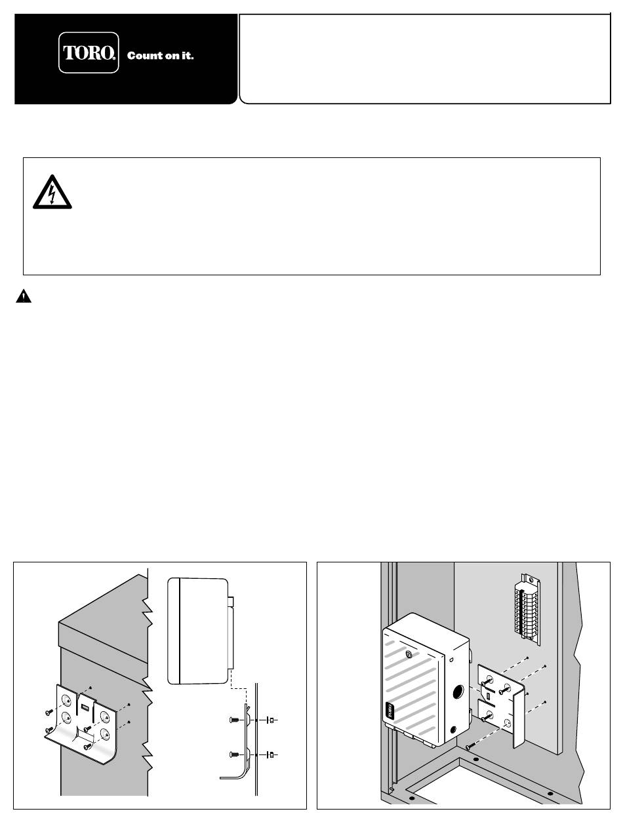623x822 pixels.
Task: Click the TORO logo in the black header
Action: pos(89,52)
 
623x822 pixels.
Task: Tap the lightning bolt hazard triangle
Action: pos(52,192)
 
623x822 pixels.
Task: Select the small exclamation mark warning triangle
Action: pos(24,296)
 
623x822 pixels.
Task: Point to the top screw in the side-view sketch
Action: pos(234,720)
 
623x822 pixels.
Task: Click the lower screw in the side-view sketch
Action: pos(234,754)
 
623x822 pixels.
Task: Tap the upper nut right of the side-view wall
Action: pos(271,720)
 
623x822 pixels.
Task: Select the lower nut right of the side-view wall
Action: pos(271,754)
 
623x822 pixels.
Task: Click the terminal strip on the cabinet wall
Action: pos(527,608)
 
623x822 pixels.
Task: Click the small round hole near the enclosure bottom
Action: pos(453,730)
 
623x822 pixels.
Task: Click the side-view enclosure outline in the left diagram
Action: pos(201,631)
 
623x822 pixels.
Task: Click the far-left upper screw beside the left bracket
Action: pos(49,713)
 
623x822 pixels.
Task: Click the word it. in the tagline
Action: pos(188,56)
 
